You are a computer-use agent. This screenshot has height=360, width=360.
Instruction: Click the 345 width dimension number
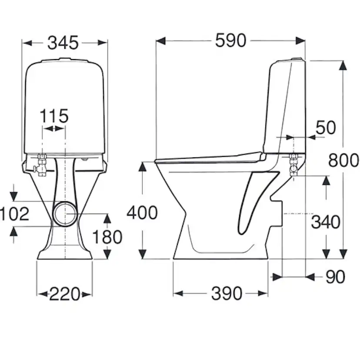point(63,43)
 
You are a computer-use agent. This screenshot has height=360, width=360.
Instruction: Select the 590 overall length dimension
point(230,40)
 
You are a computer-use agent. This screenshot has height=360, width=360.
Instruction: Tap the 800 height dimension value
point(343,160)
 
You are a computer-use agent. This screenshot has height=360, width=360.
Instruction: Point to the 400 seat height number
point(142,213)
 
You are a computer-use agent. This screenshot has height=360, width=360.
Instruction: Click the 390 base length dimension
point(227,293)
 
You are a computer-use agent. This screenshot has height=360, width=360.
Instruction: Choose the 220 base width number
point(65,294)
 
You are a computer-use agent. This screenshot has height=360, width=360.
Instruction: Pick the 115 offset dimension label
point(54,116)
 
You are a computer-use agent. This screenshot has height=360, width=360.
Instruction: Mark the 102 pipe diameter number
point(14,214)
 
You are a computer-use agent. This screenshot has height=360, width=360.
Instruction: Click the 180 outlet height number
point(107,237)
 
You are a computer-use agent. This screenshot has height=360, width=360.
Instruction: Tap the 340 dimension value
point(326,222)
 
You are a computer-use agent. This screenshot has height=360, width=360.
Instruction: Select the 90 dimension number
point(335,277)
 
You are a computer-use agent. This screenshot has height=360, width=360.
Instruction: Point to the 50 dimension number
point(326,128)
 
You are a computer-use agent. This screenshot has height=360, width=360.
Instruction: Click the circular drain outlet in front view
point(65,214)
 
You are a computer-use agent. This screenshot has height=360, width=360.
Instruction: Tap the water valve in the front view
point(41,165)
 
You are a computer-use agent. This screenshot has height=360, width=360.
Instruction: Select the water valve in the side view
point(293,165)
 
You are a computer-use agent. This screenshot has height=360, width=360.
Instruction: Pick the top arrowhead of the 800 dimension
point(343,65)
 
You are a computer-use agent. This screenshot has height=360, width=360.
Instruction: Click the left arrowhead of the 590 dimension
point(160,41)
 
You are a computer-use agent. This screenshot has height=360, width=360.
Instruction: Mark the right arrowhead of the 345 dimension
point(103,43)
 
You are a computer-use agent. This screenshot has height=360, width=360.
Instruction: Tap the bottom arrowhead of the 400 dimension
point(143,254)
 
